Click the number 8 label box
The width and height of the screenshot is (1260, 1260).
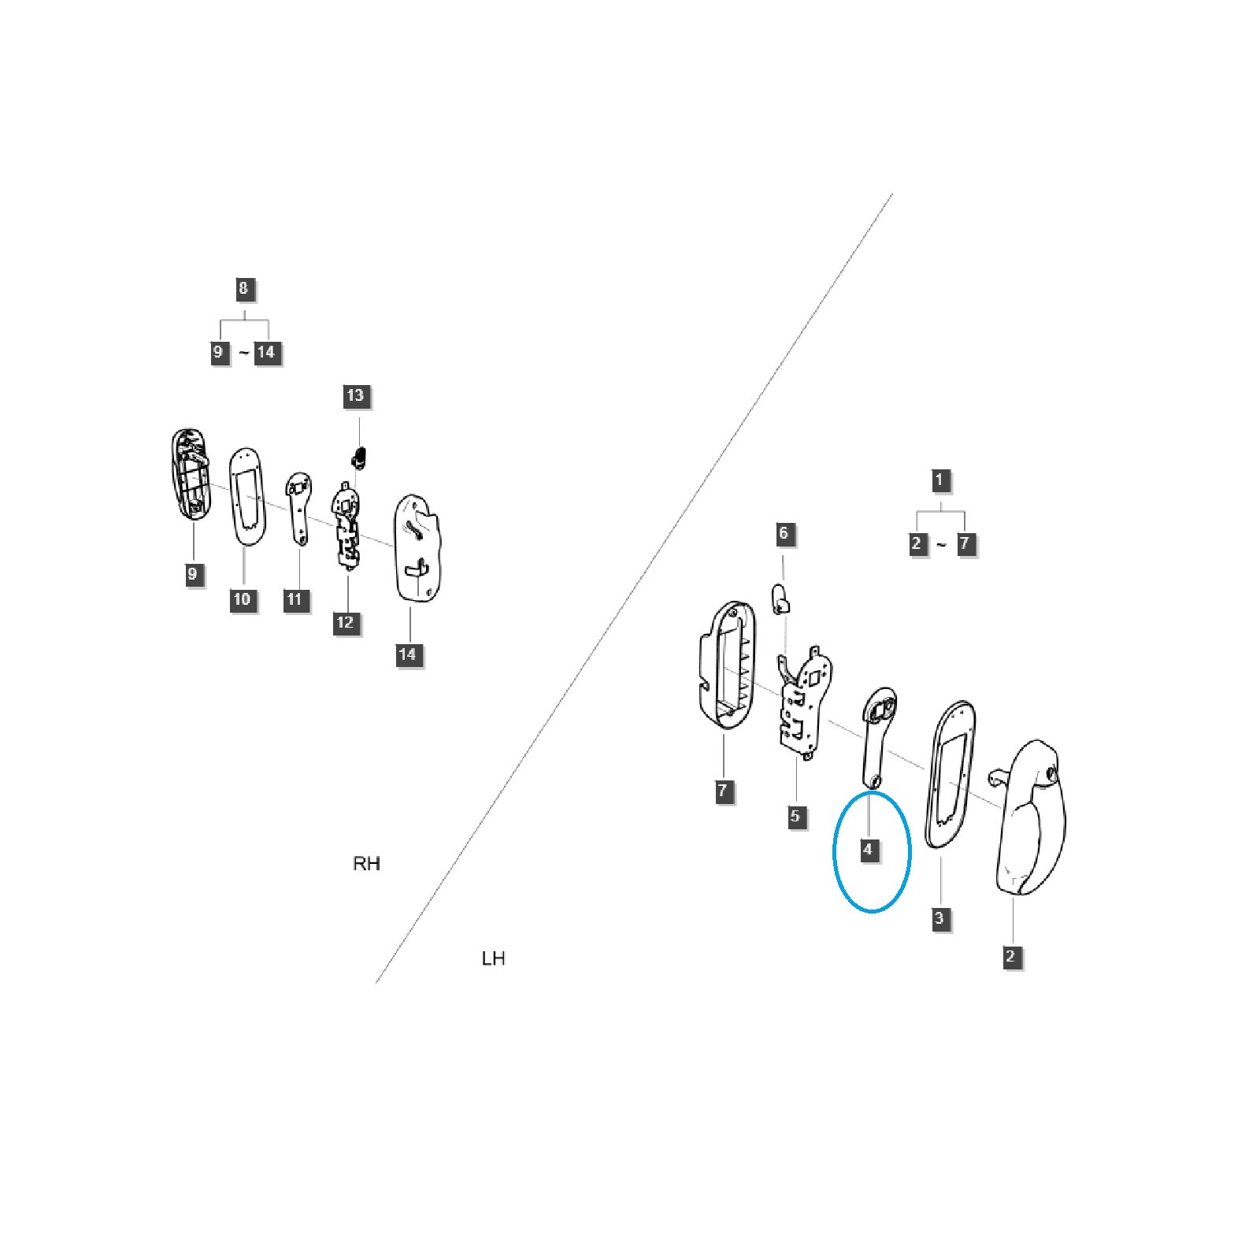pyautogui.click(x=243, y=288)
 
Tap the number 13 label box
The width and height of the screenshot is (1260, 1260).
pyautogui.click(x=355, y=395)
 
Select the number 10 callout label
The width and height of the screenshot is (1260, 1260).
pyautogui.click(x=242, y=599)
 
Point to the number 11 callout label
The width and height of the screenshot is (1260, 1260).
pyautogui.click(x=295, y=599)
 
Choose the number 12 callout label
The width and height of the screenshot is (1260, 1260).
pyautogui.click(x=345, y=623)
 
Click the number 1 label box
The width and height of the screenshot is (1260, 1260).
pyautogui.click(x=938, y=480)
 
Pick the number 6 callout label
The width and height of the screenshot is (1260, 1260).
pyautogui.click(x=783, y=533)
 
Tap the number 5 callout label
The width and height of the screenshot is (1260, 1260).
pyautogui.click(x=795, y=816)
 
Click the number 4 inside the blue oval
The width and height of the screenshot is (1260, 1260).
pyautogui.click(x=868, y=850)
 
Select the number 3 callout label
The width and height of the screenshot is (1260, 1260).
pyautogui.click(x=939, y=918)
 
